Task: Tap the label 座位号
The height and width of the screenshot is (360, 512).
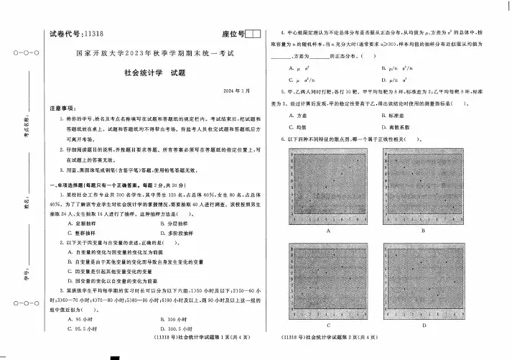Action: point(229,34)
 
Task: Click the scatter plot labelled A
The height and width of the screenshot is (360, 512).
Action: point(327,188)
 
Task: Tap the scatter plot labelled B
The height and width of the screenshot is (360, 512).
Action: point(424,188)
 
